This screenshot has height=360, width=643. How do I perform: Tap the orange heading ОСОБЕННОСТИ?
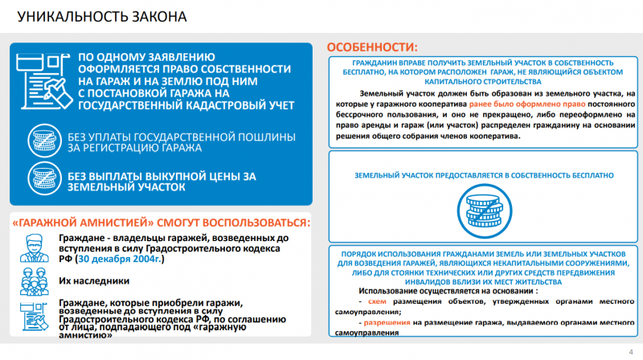(x=373, y=47)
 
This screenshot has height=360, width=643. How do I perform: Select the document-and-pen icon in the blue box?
(x=44, y=81)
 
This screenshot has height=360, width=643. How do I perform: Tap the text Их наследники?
(x=94, y=281)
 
